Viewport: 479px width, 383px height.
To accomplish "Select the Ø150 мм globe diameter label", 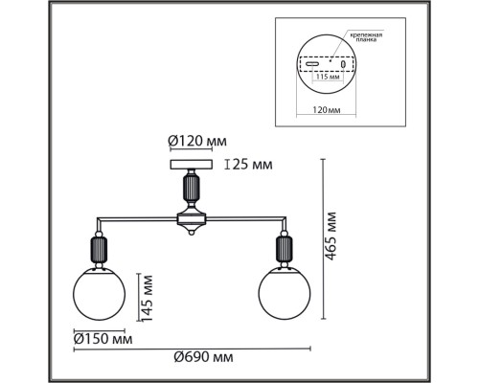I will [103, 338].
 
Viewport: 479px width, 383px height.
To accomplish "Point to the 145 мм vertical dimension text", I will [146, 297].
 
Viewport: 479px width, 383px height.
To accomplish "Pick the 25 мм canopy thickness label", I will [251, 165].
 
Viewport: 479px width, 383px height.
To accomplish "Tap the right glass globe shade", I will [283, 294].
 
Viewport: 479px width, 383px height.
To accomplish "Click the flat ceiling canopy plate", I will [193, 165].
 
